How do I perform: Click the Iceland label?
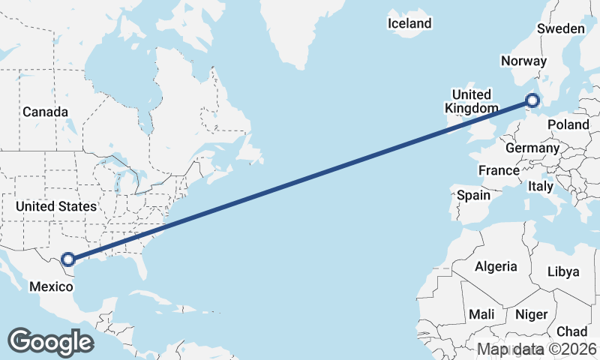pyautogui.click(x=409, y=23)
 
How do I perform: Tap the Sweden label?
pyautogui.click(x=560, y=28)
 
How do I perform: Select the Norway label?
pyautogui.click(x=520, y=61)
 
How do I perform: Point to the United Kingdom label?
pyautogui.click(x=470, y=101)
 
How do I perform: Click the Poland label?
pyautogui.click(x=568, y=124)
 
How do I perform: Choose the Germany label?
pyautogui.click(x=532, y=148)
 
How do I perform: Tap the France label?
pyautogui.click(x=499, y=170)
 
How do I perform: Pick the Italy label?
pyautogui.click(x=540, y=186)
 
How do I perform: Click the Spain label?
pyautogui.click(x=473, y=195)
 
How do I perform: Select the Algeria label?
pyautogui.click(x=496, y=266)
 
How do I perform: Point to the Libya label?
pyautogui.click(x=564, y=271)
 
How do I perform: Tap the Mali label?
pyautogui.click(x=481, y=314)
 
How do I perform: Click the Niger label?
pyautogui.click(x=532, y=315)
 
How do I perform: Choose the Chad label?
pyautogui.click(x=571, y=331)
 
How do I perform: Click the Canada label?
pyautogui.click(x=45, y=112)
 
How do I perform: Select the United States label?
pyautogui.click(x=56, y=206)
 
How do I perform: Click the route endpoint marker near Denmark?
pyautogui.click(x=532, y=100)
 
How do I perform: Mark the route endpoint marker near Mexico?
pyautogui.click(x=68, y=259)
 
